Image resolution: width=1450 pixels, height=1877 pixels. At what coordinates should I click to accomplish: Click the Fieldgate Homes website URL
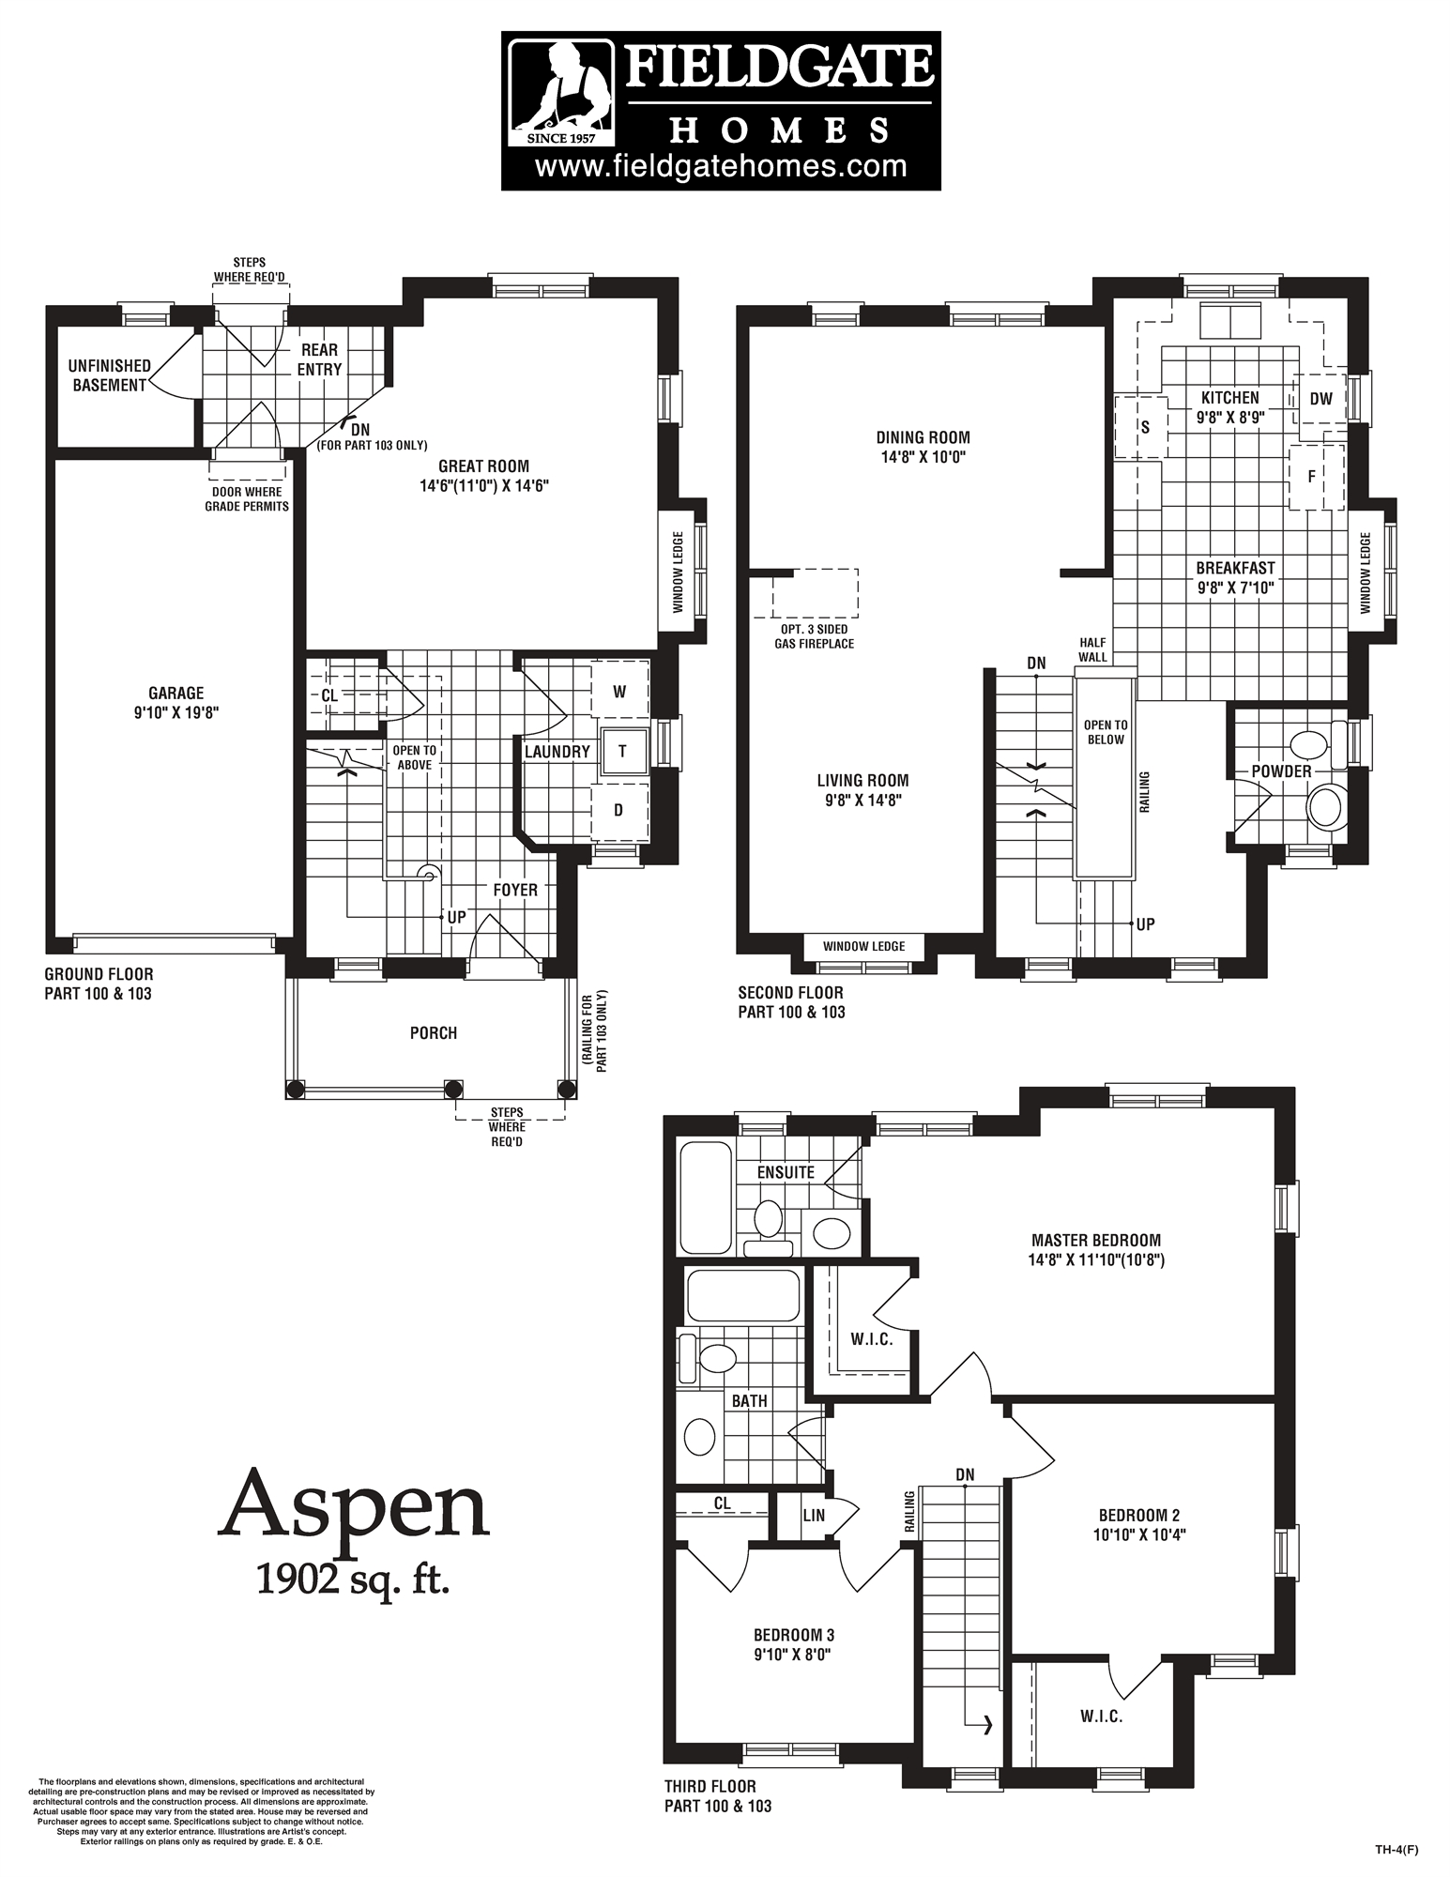721,166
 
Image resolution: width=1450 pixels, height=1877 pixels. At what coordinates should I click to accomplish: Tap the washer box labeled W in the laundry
619,692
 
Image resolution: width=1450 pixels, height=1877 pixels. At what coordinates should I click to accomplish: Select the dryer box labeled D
618,810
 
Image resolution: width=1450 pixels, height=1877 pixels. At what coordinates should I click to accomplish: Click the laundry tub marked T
622,751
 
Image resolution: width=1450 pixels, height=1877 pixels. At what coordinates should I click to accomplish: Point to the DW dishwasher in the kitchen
1320,399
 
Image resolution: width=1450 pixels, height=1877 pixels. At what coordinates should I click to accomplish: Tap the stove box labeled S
1144,427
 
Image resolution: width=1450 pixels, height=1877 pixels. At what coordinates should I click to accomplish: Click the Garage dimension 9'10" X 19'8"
176,712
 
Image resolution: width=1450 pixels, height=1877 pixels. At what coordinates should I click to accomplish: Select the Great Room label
483,466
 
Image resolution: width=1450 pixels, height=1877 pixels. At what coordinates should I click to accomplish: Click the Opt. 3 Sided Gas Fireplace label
814,636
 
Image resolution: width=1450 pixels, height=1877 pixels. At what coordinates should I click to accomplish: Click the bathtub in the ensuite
705,1196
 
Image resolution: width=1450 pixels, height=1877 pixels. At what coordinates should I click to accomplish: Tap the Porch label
433,1033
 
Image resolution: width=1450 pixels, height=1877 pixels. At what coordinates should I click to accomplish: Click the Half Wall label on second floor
1092,649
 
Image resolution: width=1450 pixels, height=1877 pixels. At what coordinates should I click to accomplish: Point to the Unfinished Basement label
110,375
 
